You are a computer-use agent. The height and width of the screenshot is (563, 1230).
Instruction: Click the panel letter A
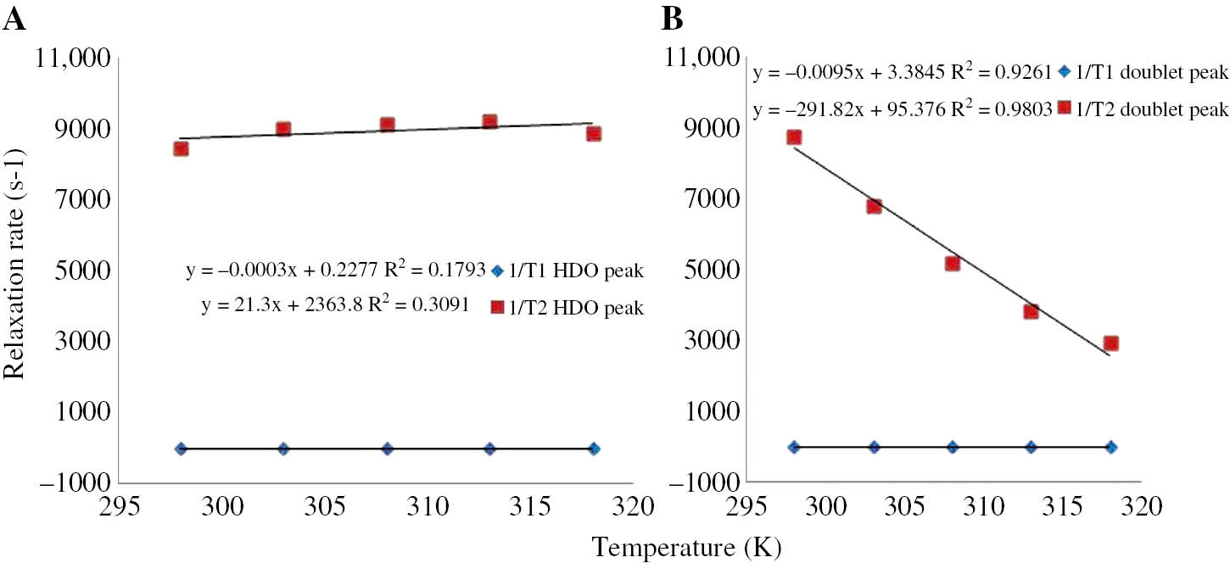point(14,19)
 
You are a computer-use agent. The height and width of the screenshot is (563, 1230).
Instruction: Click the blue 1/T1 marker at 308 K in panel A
point(387,449)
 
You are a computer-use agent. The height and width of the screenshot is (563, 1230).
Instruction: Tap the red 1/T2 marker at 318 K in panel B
point(1111,343)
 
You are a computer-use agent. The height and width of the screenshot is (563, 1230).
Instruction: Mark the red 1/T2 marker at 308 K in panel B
point(953,264)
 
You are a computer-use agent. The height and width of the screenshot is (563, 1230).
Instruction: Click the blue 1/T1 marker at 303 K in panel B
point(874,447)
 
